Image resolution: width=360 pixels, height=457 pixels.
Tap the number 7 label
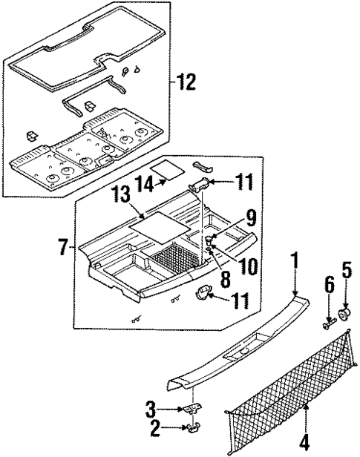coord(64,246)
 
